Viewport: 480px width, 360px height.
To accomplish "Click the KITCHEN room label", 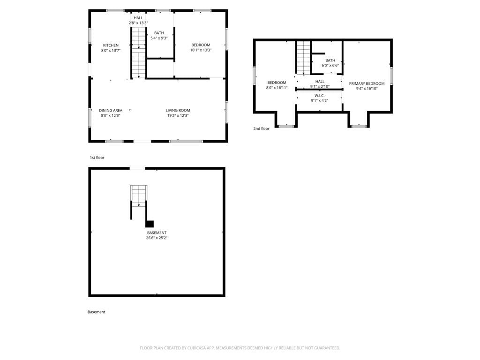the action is coord(111,45).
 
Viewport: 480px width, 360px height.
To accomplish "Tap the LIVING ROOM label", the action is coord(178,110).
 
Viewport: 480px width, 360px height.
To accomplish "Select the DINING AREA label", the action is coord(111,110).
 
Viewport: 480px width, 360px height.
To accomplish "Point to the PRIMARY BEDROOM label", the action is coord(367,83).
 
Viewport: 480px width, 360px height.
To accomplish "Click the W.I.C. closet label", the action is coord(320,96).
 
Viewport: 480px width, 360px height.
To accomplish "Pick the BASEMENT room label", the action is coord(157,232).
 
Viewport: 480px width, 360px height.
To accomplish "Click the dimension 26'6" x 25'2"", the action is coord(157,238).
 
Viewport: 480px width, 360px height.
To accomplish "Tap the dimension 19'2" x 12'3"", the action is coord(178,115).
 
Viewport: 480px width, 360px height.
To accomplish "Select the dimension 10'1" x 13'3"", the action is coord(201,50).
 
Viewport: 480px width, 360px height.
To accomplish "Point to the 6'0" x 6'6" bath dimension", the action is coord(330,66).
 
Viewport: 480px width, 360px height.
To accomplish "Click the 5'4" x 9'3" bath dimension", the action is coord(159,38).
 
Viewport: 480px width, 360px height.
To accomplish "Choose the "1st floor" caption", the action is coord(97,157).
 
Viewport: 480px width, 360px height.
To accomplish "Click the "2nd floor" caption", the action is coord(262,128).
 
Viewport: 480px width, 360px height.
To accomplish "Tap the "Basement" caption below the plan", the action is coord(97,312).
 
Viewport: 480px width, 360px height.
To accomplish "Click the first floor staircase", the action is coord(139,52).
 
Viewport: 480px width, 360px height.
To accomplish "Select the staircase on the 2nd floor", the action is coord(303,58).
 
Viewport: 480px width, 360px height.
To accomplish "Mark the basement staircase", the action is coord(139,196).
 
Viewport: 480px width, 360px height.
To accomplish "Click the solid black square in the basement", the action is coord(150,224).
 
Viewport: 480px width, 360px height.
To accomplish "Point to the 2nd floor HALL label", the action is coord(320,82).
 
